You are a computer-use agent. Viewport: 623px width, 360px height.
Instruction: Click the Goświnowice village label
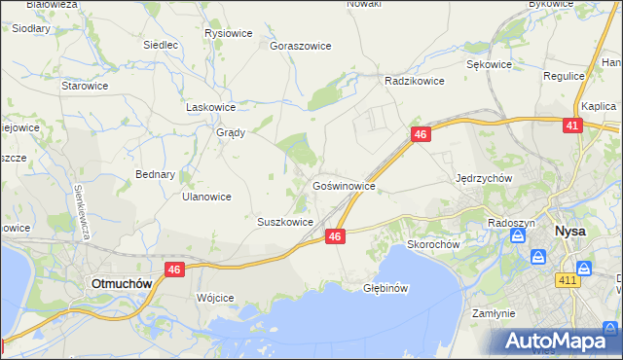click(344, 184)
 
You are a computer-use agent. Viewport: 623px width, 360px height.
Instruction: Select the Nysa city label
click(569, 232)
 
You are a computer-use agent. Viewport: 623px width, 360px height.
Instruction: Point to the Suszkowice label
click(284, 222)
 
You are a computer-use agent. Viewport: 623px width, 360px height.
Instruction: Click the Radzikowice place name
click(415, 81)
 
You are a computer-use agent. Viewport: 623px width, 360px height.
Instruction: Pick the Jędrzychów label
click(484, 178)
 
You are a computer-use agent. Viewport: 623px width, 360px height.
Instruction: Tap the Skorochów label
click(433, 244)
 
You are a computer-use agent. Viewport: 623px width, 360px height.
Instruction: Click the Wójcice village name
click(215, 298)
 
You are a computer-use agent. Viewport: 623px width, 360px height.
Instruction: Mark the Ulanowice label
click(206, 197)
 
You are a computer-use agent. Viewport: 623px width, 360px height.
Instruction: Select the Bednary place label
click(155, 175)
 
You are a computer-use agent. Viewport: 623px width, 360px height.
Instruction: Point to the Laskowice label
click(211, 107)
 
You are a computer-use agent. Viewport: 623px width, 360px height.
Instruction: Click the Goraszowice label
click(301, 46)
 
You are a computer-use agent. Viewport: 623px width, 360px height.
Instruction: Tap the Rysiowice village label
click(229, 33)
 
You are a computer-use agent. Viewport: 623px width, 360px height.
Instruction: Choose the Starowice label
click(85, 86)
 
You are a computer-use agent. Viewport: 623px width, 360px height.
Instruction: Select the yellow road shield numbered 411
click(568, 281)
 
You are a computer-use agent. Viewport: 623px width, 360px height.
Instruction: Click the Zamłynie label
click(493, 313)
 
